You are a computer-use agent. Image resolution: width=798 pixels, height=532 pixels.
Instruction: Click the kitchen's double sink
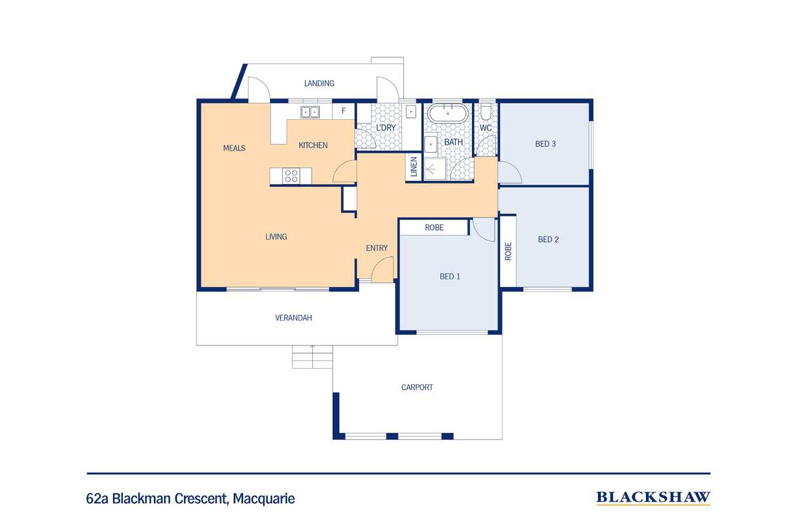(310, 112)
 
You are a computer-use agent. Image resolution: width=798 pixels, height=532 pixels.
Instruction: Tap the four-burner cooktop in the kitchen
(291, 176)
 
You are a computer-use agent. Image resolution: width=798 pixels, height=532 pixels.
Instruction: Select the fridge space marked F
(343, 112)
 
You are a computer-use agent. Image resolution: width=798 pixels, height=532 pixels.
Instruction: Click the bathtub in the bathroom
(447, 114)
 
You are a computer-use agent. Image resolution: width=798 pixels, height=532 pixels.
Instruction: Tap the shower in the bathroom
(435, 168)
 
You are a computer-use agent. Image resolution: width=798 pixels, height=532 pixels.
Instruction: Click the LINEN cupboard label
(413, 167)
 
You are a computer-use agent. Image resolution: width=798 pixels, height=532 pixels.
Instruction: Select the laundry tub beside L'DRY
(411, 112)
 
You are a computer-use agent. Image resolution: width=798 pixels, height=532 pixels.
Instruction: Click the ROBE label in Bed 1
(435, 228)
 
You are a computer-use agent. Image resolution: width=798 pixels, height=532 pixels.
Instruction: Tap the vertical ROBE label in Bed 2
(508, 251)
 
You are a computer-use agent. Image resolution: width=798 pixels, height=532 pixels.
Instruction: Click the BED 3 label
(546, 144)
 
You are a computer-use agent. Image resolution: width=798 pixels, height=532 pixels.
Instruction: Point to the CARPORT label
(417, 387)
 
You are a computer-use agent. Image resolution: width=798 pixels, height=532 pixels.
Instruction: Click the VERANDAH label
(294, 317)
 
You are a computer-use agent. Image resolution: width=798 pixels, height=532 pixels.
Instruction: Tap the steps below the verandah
(312, 357)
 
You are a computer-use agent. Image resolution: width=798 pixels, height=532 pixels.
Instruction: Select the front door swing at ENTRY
(382, 271)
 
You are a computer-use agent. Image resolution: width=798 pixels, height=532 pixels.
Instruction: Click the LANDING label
(319, 83)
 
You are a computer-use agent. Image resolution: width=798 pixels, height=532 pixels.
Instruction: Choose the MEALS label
(234, 148)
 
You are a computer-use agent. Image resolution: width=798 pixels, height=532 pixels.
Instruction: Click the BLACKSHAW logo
(653, 497)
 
